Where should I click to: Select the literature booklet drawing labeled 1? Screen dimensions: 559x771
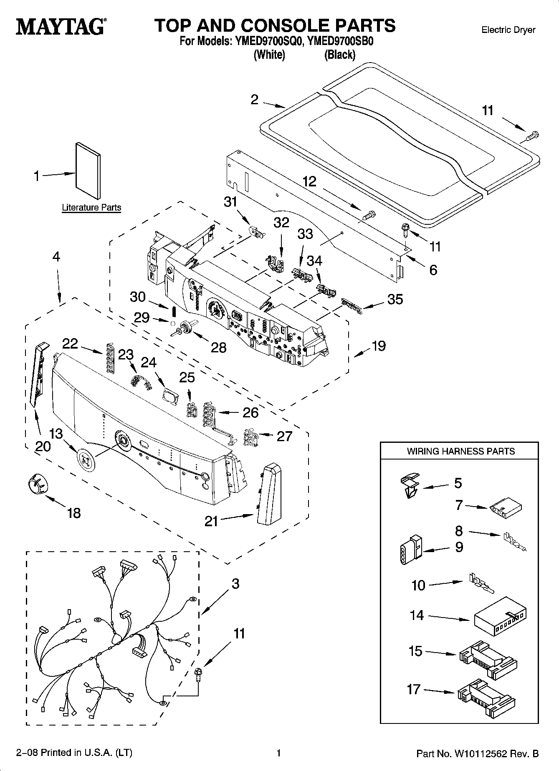pyautogui.click(x=88, y=171)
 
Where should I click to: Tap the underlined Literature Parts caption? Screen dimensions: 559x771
pyautogui.click(x=91, y=208)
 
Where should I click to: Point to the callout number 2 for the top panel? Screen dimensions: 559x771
pyautogui.click(x=255, y=100)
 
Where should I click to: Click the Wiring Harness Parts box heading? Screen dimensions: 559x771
pyautogui.click(x=460, y=451)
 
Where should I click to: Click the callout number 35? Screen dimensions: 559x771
pyautogui.click(x=395, y=299)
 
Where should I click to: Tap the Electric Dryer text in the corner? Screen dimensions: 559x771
pyautogui.click(x=508, y=30)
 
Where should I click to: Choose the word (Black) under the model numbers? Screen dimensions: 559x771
pyautogui.click(x=340, y=55)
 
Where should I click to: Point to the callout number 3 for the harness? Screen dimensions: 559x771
pyautogui.click(x=235, y=584)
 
